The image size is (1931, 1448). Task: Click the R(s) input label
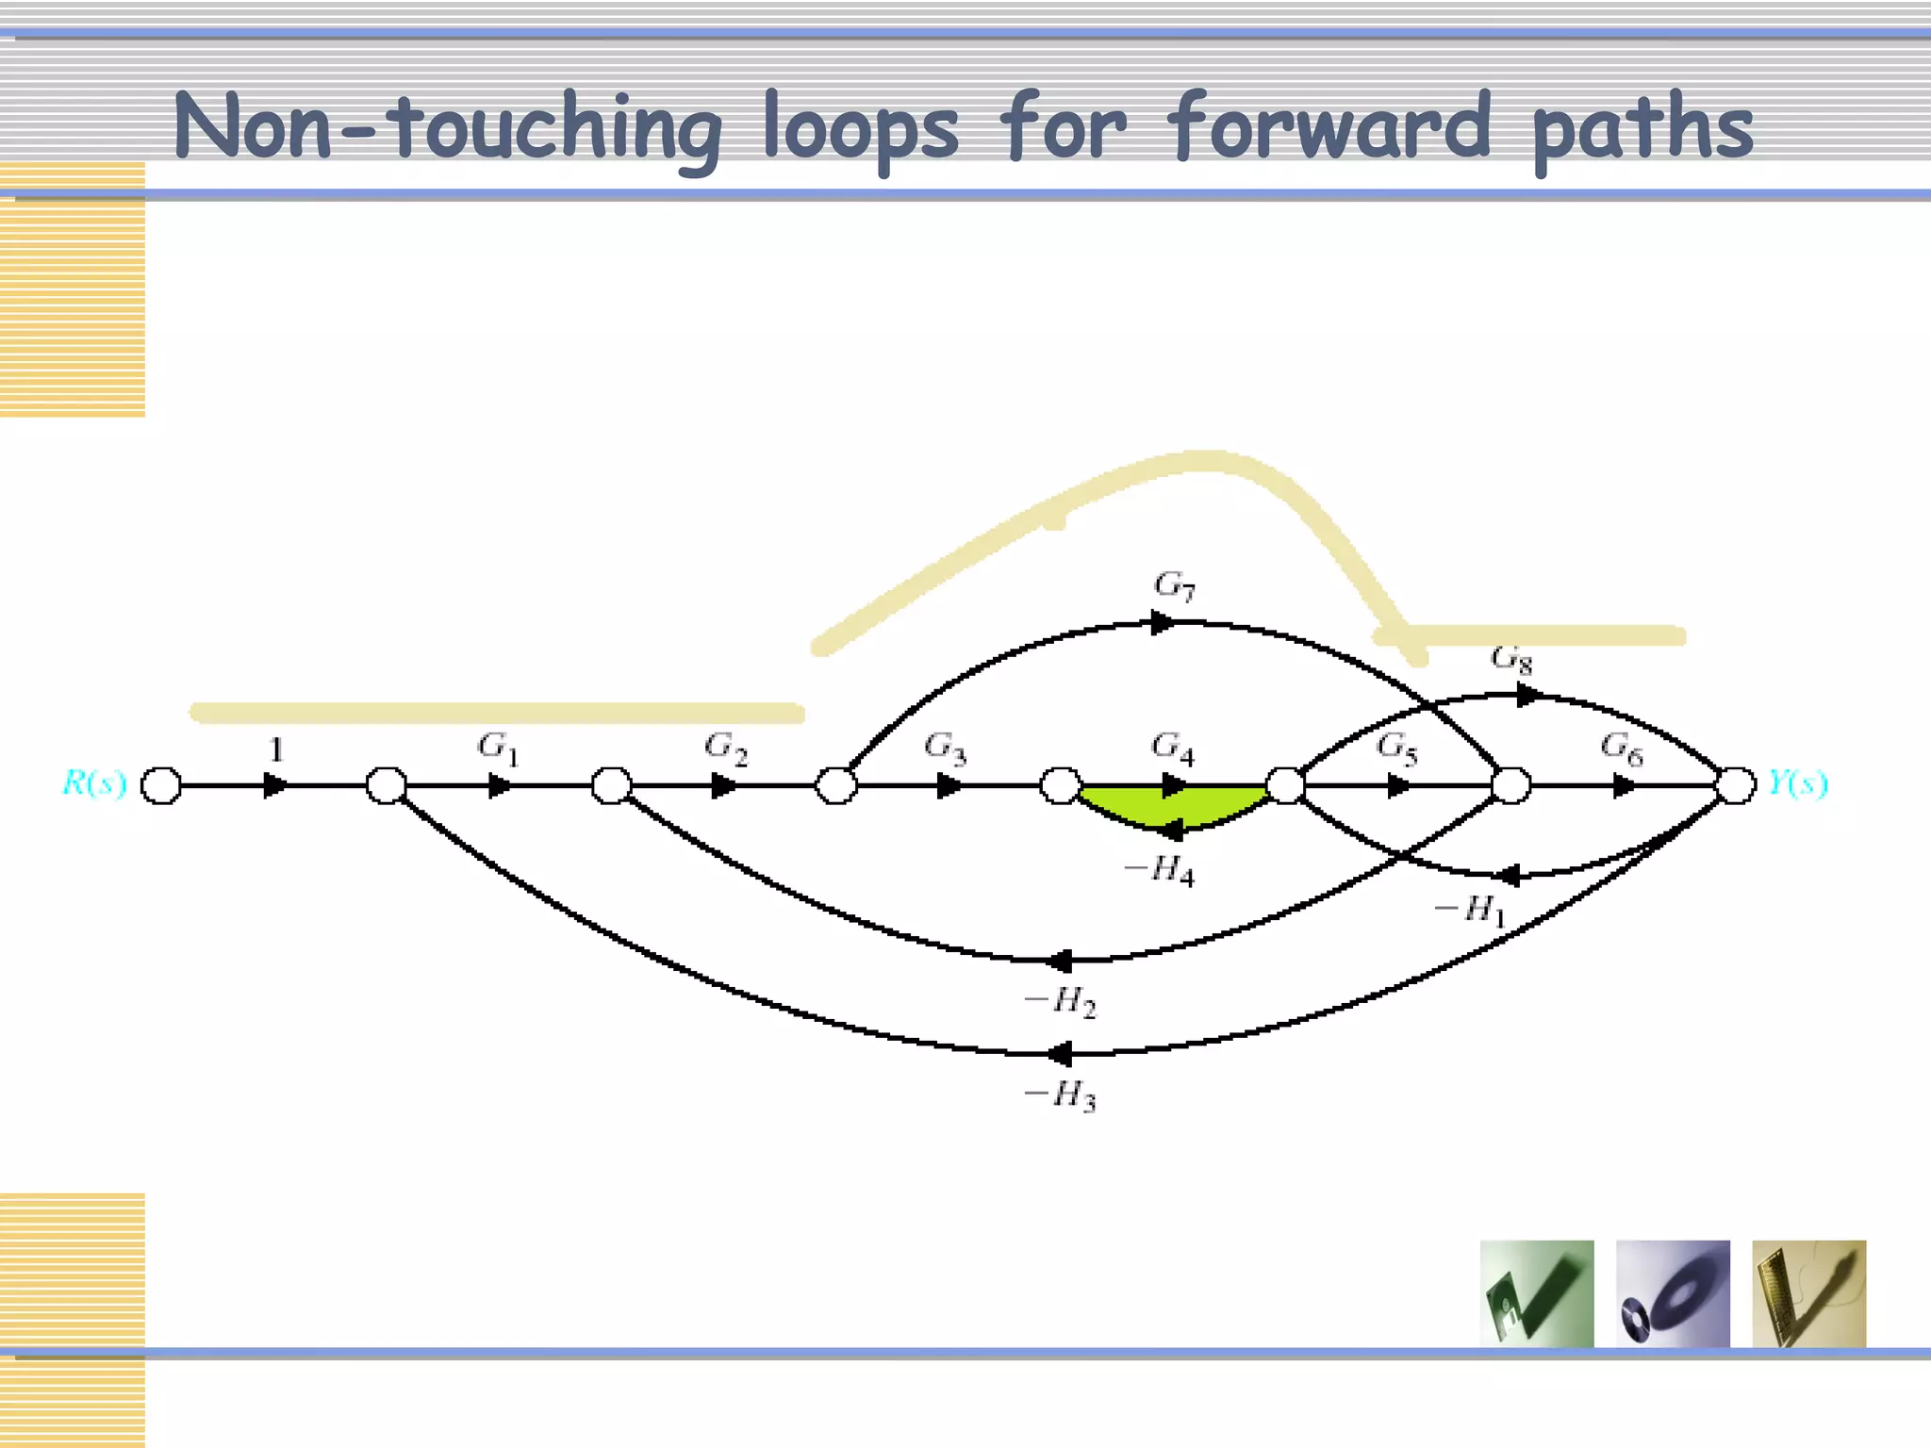coord(94,783)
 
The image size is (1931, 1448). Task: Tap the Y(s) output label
coord(1797,782)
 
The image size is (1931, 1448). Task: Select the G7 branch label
coord(1174,586)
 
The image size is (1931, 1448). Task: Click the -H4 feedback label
coord(1159,870)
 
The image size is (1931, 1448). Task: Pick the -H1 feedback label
coord(1469,911)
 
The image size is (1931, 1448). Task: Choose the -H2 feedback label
coord(1060,1001)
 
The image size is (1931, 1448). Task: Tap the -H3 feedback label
coord(1060,1095)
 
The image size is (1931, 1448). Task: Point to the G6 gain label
coord(1622,749)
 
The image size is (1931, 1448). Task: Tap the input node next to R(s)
coord(161,785)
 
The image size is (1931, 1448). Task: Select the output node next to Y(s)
coord(1736,785)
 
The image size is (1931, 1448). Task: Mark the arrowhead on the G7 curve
coord(1164,622)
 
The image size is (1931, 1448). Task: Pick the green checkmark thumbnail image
coord(1537,1293)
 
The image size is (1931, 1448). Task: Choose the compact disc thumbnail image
coord(1673,1293)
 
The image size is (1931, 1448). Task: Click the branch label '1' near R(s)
coord(276,749)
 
